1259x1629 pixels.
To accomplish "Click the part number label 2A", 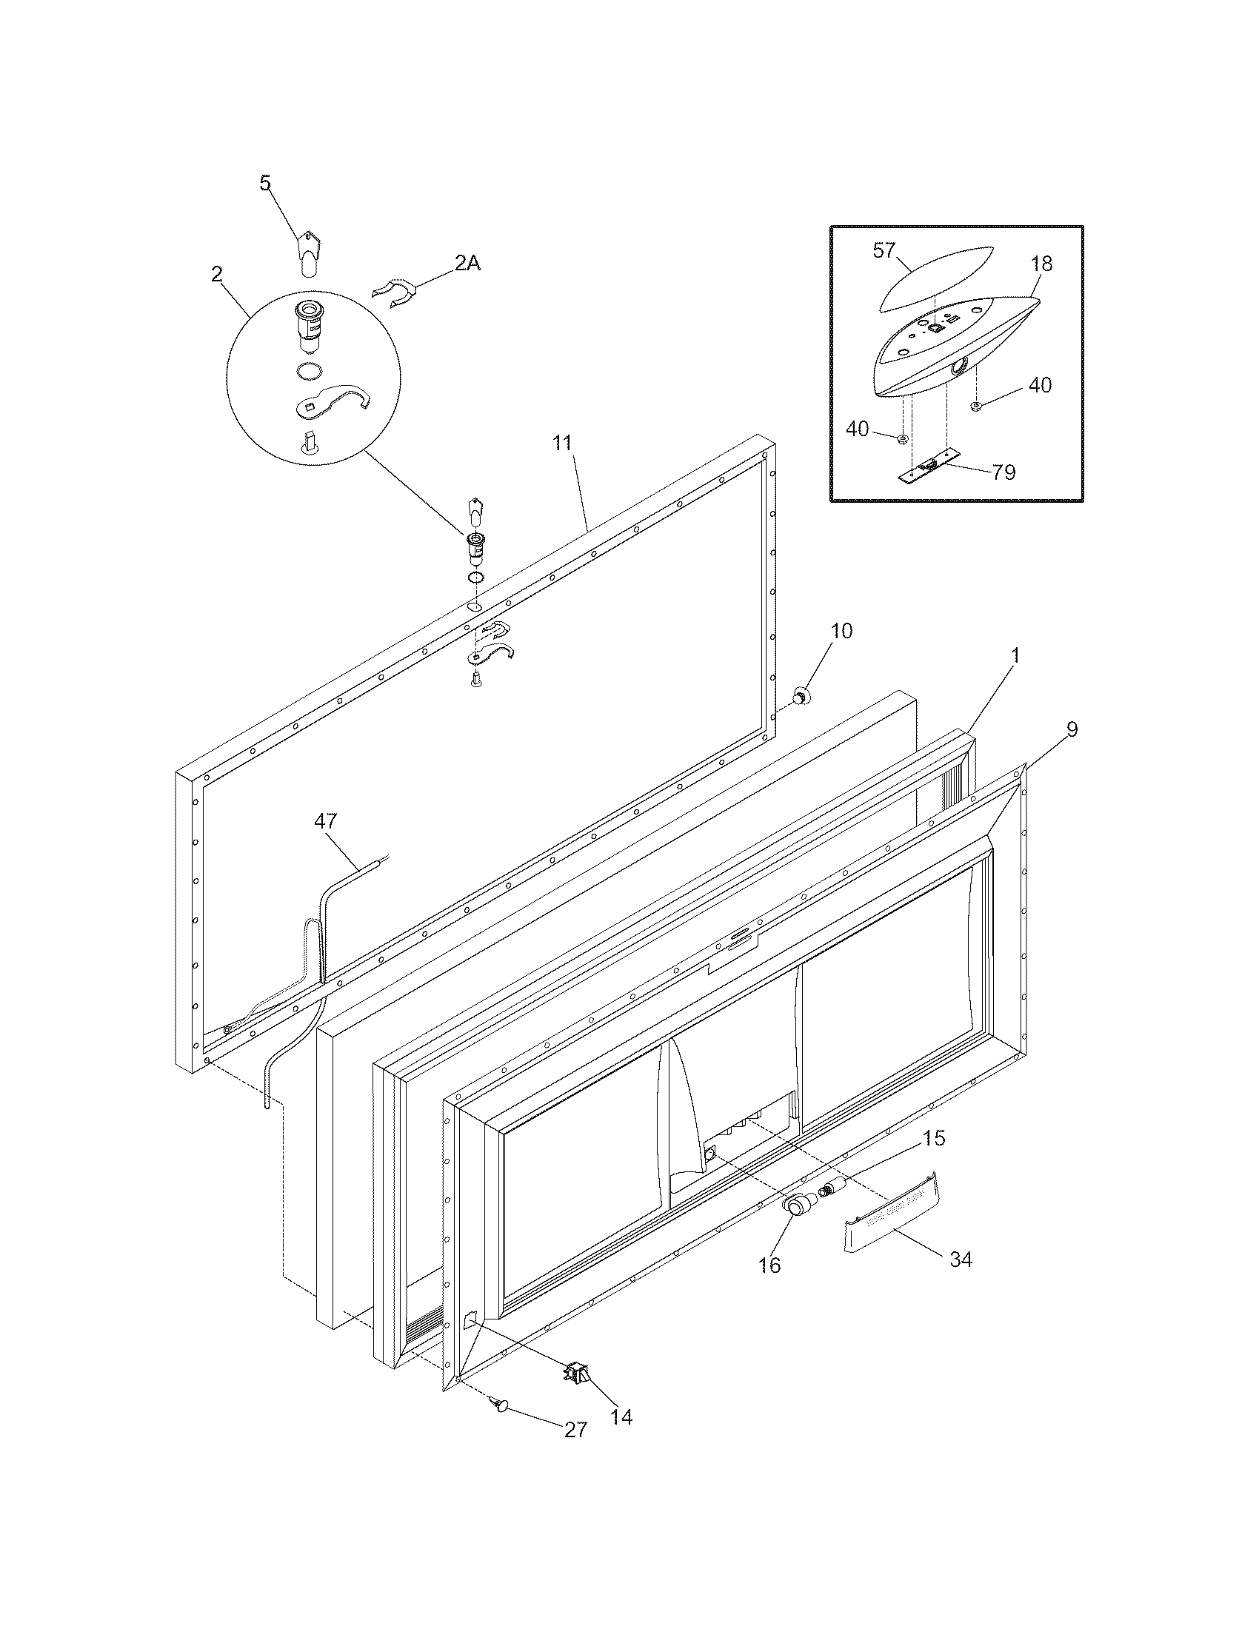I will (x=467, y=263).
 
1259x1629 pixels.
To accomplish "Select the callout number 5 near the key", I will (x=266, y=183).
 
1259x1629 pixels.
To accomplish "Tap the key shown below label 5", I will (x=307, y=252).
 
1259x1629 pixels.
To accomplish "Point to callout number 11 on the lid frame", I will (x=561, y=443).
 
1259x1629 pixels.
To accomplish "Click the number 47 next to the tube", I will (x=325, y=821).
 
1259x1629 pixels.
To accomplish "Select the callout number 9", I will (x=1072, y=729).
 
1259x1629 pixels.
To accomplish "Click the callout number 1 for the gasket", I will (x=1014, y=655).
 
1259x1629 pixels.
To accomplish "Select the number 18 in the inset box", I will (x=1041, y=264).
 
